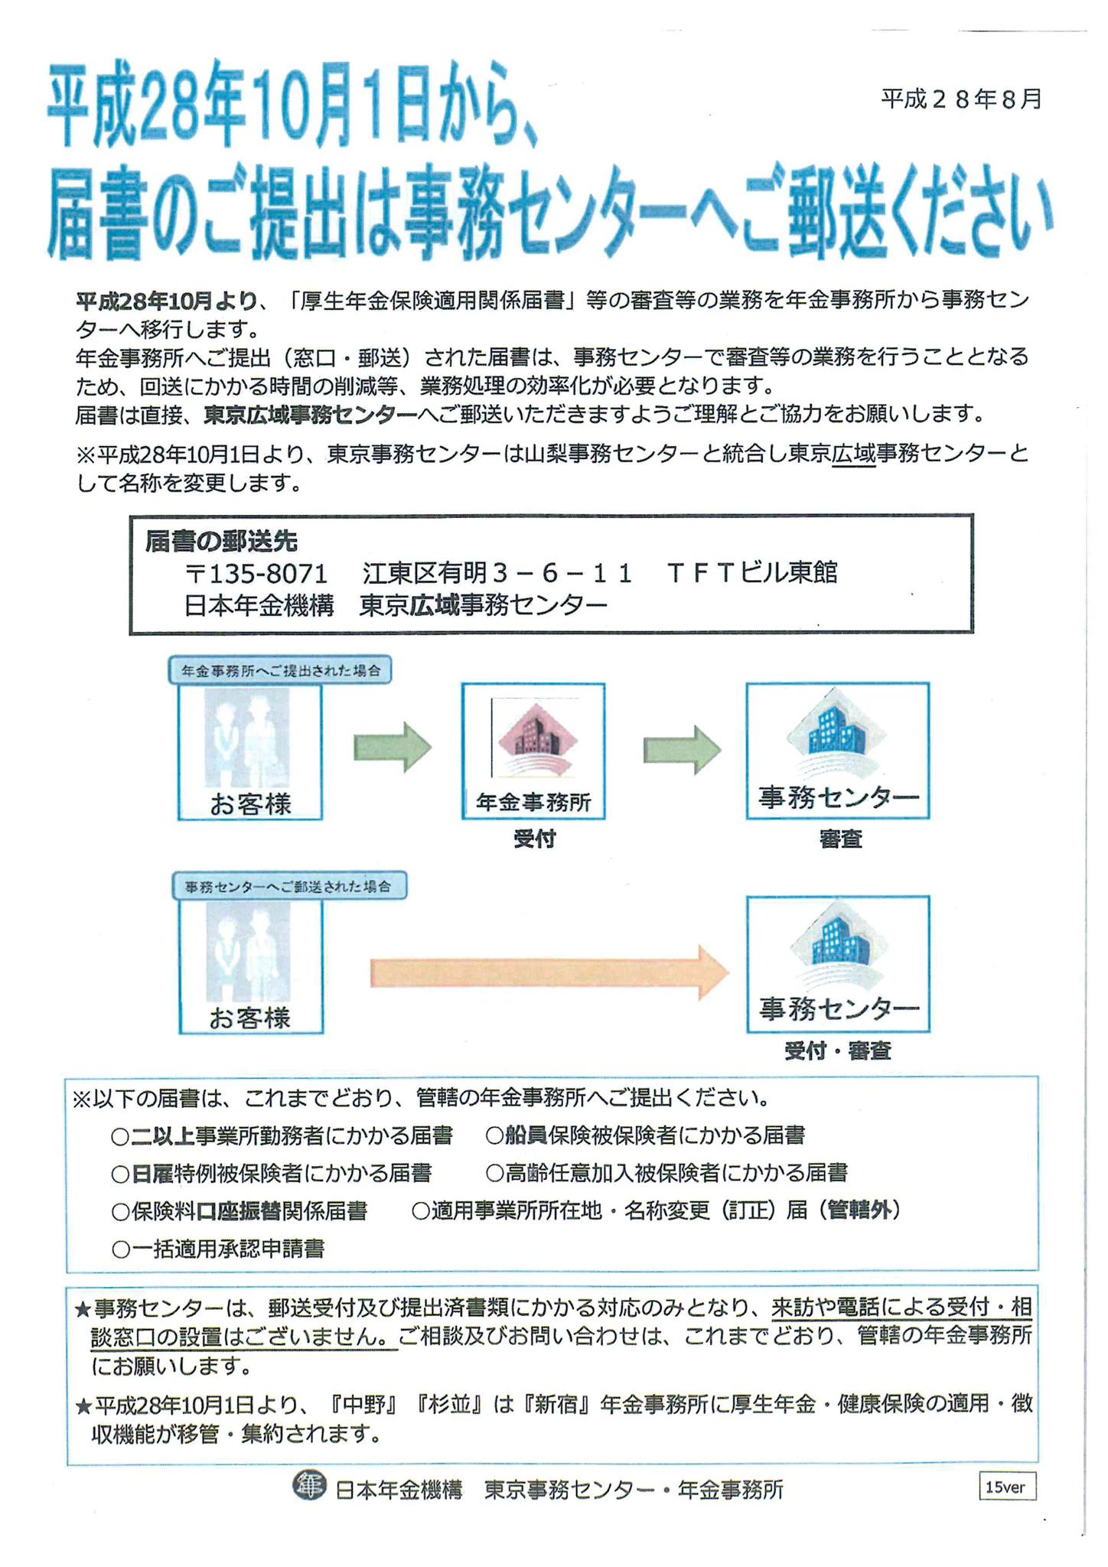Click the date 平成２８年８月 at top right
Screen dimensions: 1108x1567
(961, 99)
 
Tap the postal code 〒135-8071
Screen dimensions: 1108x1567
(256, 572)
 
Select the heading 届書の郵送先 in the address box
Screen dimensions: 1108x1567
(221, 541)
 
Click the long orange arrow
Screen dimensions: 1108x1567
(549, 972)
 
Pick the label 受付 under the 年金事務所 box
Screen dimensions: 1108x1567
(533, 839)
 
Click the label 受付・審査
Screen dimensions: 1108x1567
(838, 1051)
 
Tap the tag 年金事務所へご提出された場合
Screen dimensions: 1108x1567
(280, 670)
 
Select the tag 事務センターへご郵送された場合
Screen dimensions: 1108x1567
(288, 886)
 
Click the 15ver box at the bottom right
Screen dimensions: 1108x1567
(1007, 1487)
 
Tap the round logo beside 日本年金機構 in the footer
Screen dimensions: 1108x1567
(309, 1485)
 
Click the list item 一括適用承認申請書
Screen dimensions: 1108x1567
(219, 1249)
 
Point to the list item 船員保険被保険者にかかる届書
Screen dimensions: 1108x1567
(645, 1135)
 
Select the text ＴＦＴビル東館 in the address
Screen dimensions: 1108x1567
(752, 572)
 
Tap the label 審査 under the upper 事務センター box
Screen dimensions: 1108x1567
(840, 839)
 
